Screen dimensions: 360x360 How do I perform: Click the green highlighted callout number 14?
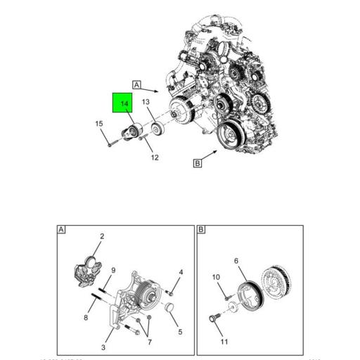[124, 104]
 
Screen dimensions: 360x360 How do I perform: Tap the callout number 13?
[146, 103]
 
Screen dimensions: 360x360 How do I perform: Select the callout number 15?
[99, 124]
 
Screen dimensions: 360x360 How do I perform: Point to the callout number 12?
[154, 157]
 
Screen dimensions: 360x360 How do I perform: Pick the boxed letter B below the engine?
[198, 163]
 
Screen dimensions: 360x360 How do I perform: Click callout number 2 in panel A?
[101, 237]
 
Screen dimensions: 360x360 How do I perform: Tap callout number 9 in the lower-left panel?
[113, 270]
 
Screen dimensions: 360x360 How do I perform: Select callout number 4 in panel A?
[181, 272]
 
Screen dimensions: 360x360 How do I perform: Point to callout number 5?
[180, 332]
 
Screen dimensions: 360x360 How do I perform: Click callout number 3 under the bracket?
[104, 347]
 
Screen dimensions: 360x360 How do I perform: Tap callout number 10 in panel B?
[217, 277]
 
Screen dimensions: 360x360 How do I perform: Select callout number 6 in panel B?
[236, 261]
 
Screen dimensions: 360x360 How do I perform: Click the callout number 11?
[225, 342]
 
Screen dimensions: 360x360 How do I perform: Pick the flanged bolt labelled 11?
[212, 320]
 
